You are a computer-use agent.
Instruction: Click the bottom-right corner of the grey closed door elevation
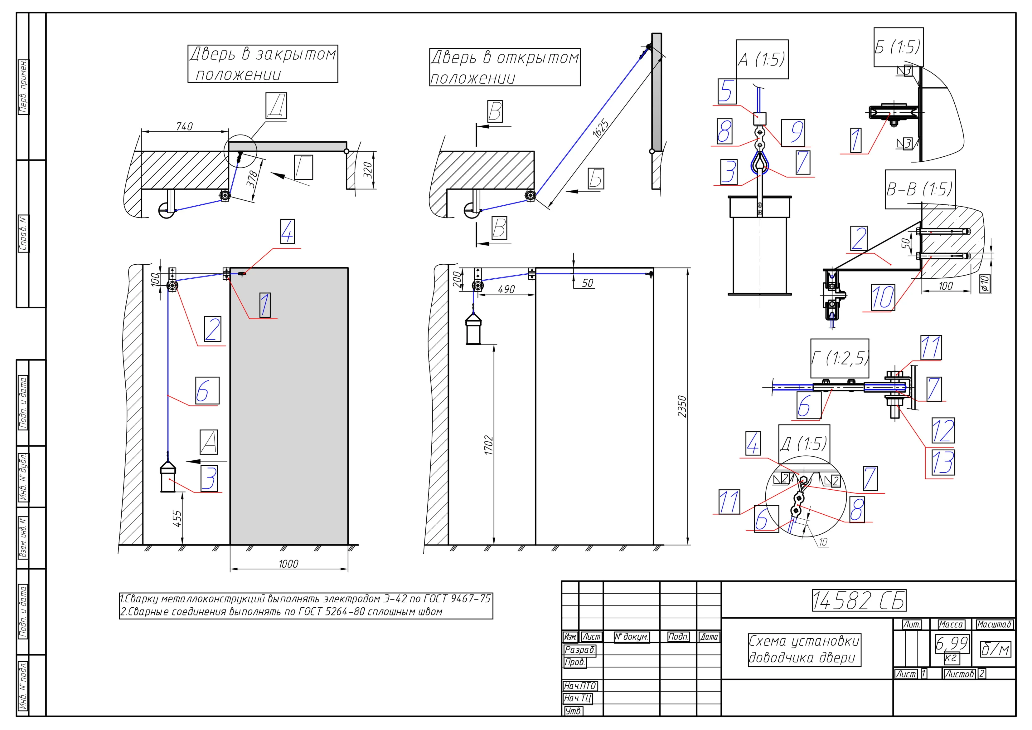[348, 545]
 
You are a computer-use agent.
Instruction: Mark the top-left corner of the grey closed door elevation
[230, 268]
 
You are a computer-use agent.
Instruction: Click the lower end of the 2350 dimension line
[688, 545]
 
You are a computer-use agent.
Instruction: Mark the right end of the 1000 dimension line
[348, 570]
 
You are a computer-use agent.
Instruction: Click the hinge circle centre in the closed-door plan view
[346, 151]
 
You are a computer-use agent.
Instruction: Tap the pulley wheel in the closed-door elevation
[172, 286]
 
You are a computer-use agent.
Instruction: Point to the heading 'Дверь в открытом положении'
[505, 67]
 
